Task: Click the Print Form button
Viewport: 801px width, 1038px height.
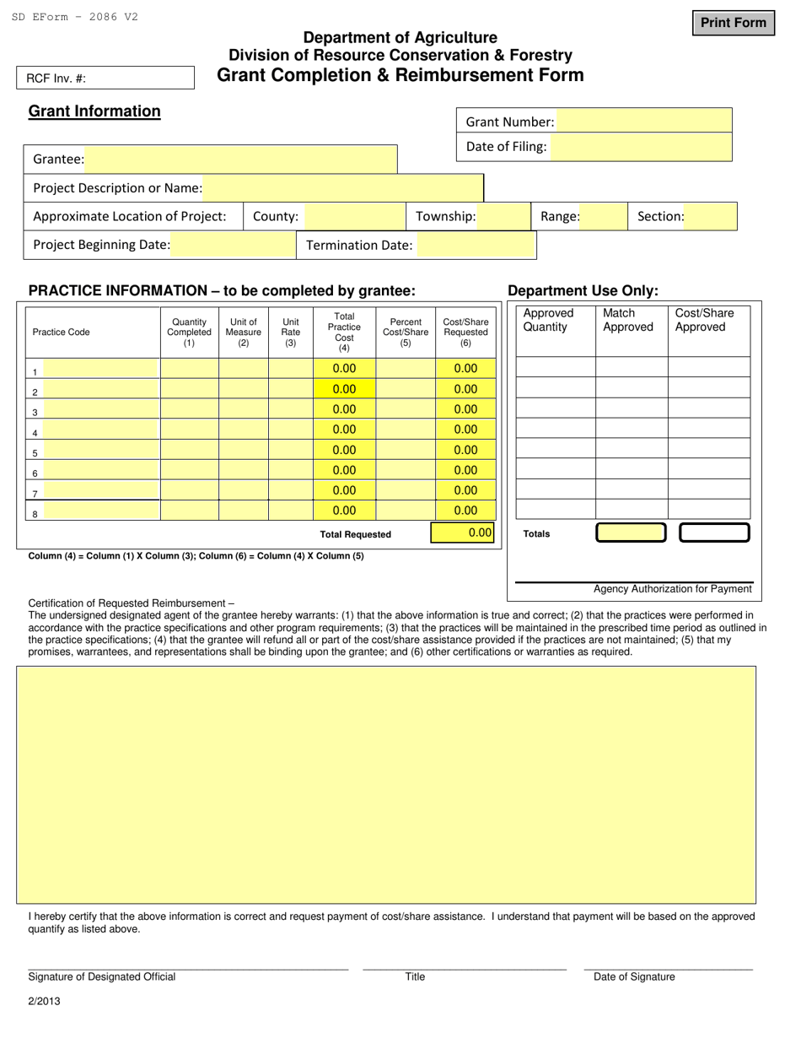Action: coord(733,23)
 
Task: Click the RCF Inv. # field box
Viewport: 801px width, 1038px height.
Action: coord(105,78)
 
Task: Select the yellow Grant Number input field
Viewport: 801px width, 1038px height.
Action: coord(644,122)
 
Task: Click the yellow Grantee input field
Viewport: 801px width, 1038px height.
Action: coord(241,159)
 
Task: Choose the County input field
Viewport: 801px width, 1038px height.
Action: coord(354,216)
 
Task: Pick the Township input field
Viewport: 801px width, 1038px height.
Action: coord(503,216)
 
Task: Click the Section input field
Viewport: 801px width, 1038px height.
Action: coord(710,216)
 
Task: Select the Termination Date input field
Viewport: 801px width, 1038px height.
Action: coord(476,245)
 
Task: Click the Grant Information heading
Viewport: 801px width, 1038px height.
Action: coord(94,111)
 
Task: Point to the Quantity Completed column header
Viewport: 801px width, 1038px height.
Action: coord(189,332)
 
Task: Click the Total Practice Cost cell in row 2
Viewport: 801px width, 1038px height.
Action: coord(344,389)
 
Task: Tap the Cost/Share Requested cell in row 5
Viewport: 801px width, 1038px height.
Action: coord(465,450)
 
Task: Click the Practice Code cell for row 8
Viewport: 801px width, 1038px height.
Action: coord(100,511)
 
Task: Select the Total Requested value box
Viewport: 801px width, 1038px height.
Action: coord(463,533)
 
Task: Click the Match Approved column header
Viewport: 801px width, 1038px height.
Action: coord(628,320)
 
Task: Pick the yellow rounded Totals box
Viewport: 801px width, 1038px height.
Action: coord(631,533)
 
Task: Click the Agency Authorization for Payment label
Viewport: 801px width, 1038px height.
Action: coord(672,589)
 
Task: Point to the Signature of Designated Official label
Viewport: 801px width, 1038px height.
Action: coord(102,976)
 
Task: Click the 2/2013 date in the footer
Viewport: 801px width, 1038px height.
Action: coord(44,1002)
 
